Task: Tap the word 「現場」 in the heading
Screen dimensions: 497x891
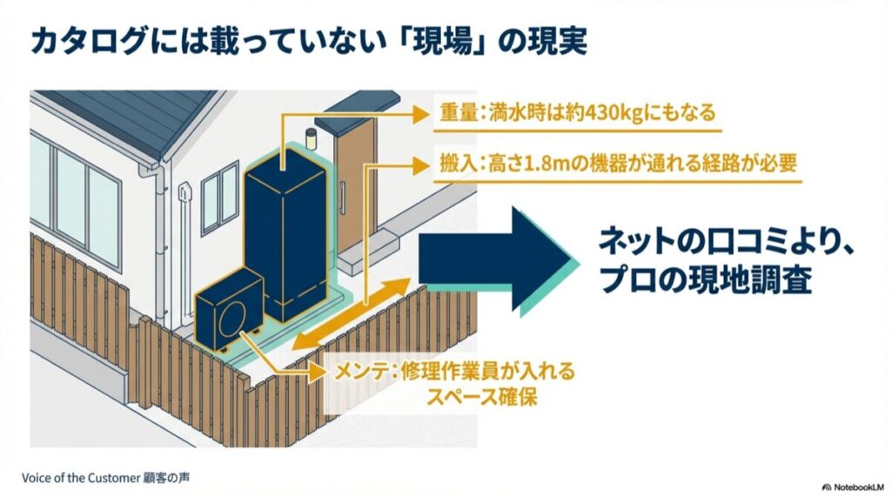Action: [x=453, y=42]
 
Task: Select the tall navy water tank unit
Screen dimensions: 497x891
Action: [x=285, y=235]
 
